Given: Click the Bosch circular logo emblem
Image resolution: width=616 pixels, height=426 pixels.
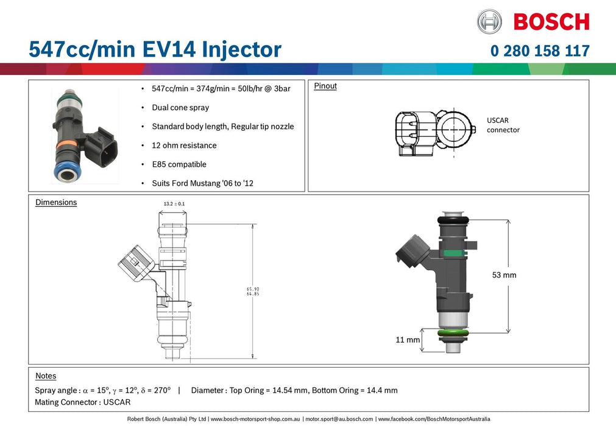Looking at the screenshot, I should [x=490, y=21].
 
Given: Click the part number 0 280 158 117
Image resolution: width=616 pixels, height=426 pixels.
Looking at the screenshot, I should [x=540, y=51].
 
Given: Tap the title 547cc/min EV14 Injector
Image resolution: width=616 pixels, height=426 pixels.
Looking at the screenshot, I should [x=155, y=49].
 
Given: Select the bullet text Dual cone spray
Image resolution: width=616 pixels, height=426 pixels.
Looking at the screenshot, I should [x=180, y=108].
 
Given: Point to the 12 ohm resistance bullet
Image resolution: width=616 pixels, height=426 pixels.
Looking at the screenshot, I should [x=184, y=145].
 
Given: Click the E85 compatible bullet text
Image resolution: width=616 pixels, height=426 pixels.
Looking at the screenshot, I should [x=179, y=164].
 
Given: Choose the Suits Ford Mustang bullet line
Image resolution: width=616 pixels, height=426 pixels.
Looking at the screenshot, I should [x=202, y=183].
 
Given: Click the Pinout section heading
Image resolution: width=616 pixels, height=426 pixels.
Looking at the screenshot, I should [x=325, y=86].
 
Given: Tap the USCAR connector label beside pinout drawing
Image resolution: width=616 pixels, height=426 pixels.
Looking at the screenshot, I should [x=503, y=125].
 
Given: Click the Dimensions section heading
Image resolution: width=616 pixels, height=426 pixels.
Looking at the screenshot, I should [x=56, y=202].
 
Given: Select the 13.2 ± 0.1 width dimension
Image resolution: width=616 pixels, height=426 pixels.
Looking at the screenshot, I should [x=174, y=203].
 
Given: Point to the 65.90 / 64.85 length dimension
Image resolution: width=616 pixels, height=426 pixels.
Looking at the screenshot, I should [x=253, y=292].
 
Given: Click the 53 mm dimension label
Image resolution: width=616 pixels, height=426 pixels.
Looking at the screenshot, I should [x=504, y=275].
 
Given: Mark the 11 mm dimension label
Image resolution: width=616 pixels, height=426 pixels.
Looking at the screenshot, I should [x=408, y=340].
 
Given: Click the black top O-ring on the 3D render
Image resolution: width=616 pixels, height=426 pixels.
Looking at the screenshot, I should [x=452, y=219].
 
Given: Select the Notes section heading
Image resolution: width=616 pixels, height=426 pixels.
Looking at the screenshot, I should [x=46, y=376].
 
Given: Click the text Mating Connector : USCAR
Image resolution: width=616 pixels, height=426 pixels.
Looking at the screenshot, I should [x=82, y=402].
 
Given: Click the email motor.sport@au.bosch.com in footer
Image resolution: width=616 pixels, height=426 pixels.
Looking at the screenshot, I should [x=339, y=419].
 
